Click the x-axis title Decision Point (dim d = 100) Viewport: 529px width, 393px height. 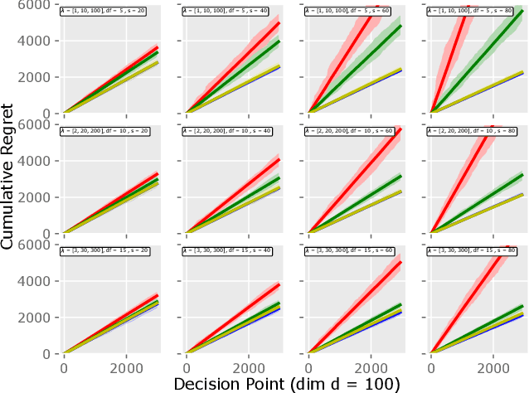tap(287, 383)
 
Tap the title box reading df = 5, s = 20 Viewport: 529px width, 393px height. tap(93, 11)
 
